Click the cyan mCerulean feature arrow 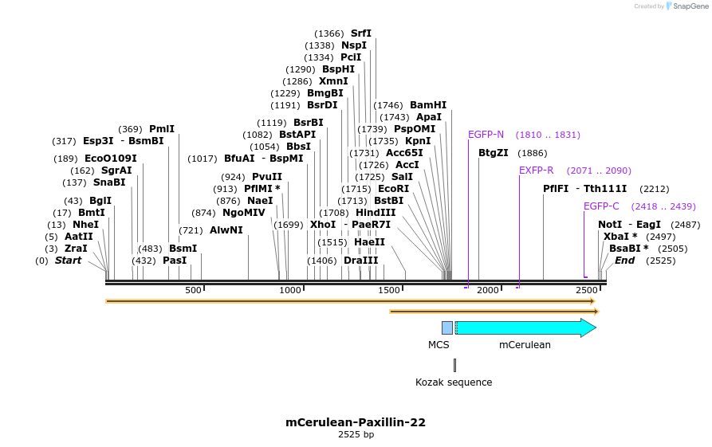pos(522,327)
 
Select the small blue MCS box pos(447,327)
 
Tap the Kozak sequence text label pos(454,382)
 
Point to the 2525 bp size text pos(356,435)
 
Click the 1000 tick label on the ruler pos(289,291)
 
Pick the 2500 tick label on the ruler pos(586,291)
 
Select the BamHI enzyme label pos(428,105)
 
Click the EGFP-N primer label pos(486,135)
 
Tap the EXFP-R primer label pos(537,171)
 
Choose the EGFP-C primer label pos(601,206)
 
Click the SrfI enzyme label pos(361,33)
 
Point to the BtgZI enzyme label pos(494,153)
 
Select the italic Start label pos(68,261)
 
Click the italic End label pos(625,261)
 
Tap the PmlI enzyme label pos(162,129)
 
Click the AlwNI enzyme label pos(226,230)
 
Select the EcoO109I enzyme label pos(111,159)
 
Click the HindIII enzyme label pos(376,213)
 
